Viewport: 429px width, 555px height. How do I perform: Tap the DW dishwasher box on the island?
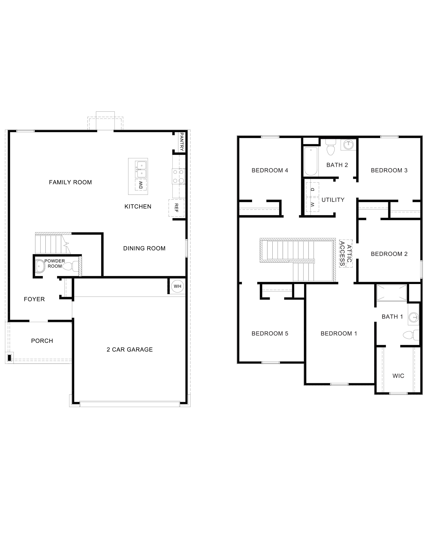(x=141, y=185)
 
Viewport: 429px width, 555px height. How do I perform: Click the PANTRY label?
(x=182, y=142)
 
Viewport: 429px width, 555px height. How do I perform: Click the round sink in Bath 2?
(x=348, y=145)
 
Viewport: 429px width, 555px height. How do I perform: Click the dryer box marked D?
(x=313, y=190)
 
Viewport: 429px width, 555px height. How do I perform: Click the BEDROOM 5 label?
(x=270, y=333)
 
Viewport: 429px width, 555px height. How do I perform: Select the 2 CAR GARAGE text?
(x=130, y=349)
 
